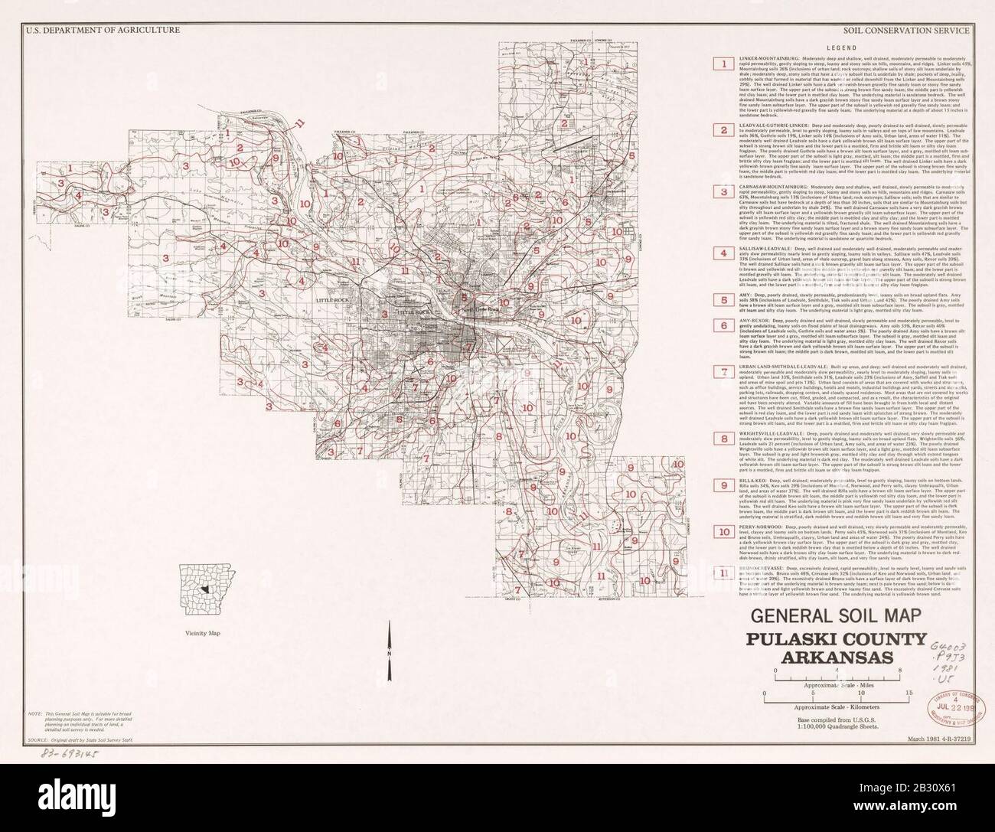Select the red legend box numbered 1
tap(720, 64)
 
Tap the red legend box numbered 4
tap(720, 253)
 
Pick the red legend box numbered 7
tap(720, 372)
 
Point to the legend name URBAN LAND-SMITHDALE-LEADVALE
tap(781, 367)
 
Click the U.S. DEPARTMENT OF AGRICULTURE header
tap(102, 31)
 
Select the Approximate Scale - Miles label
tap(838, 688)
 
